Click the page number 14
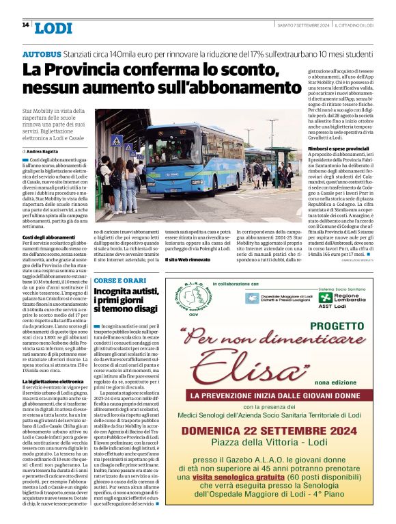coord(25,25)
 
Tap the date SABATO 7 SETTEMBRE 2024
coord(302,25)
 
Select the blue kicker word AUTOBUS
coord(43,53)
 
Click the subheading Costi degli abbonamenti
coord(48,237)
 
